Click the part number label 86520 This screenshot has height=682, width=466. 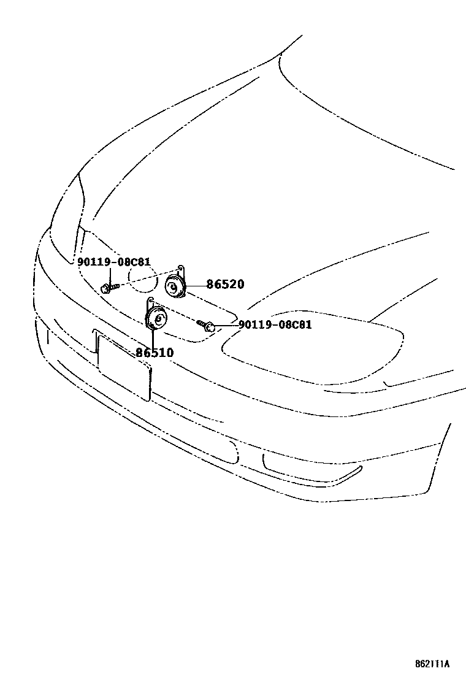(225, 285)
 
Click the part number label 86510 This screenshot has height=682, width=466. (155, 353)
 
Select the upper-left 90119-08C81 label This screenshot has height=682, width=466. (113, 262)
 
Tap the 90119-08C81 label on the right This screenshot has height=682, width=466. (275, 324)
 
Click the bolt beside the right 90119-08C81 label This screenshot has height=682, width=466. (207, 325)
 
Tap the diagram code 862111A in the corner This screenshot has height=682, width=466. (431, 664)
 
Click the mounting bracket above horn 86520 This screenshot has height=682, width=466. (181, 270)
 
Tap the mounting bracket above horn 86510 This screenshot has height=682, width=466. (150, 304)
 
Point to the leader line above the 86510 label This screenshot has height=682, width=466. (153, 337)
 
